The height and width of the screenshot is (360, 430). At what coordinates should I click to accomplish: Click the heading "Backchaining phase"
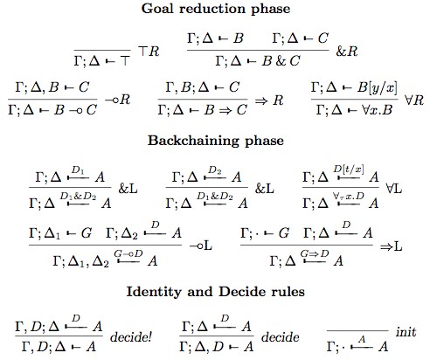point(215,140)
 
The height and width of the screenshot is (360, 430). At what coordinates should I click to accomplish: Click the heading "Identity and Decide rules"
point(215,289)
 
